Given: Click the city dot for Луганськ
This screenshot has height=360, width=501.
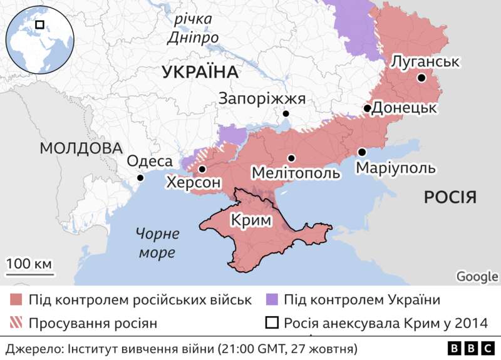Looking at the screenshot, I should point(421,78).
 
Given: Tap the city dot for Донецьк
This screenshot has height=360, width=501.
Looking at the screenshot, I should point(367,108).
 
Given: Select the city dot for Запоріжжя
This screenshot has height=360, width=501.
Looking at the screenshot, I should point(286,114).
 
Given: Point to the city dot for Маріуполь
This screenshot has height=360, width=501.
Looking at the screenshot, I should point(362,152).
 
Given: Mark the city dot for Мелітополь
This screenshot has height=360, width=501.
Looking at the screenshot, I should point(291,158).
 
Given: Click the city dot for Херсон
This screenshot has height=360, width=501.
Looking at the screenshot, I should point(202,170).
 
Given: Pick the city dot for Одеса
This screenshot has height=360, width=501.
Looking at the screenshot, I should point(140,178).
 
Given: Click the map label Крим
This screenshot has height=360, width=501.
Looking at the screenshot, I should point(250,220).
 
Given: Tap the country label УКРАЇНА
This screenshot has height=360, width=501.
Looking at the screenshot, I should point(200,72).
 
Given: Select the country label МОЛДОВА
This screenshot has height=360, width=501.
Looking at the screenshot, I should point(80,148).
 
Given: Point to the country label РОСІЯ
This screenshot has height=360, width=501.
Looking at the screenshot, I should point(450,198).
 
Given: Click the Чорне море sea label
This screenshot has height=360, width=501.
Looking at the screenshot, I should point(157,244).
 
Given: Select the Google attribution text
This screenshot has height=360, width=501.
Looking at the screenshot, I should point(477,277).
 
